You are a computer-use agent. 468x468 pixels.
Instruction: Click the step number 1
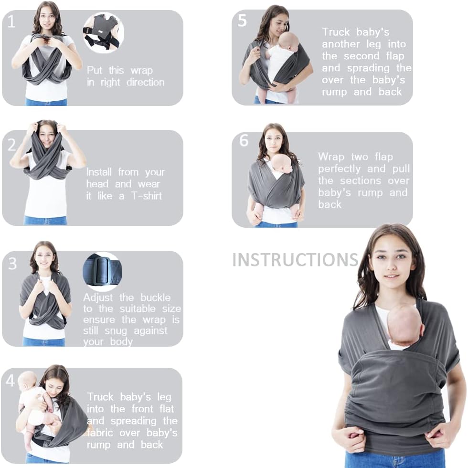point(11,21)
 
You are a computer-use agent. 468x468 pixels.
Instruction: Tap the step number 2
point(11,145)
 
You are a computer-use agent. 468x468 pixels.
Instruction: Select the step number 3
point(12,264)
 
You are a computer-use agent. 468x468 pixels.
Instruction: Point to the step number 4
point(10,381)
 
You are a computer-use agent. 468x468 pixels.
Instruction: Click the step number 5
point(242,21)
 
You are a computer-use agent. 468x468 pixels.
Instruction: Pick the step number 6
point(244,140)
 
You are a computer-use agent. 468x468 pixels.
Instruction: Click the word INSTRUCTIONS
point(295,260)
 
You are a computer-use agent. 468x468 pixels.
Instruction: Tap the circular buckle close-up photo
point(102,272)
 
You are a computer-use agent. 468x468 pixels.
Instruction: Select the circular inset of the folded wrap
point(104,32)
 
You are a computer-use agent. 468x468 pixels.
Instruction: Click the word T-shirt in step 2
point(147,196)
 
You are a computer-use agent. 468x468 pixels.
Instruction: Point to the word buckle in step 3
point(156,297)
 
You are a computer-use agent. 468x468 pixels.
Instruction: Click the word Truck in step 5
point(336,32)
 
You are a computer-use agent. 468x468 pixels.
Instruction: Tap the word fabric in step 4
point(100,433)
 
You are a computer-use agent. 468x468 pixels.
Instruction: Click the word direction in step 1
point(145,82)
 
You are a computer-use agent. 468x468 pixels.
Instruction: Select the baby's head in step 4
point(28,380)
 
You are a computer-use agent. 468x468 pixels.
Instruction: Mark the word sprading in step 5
point(368,68)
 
